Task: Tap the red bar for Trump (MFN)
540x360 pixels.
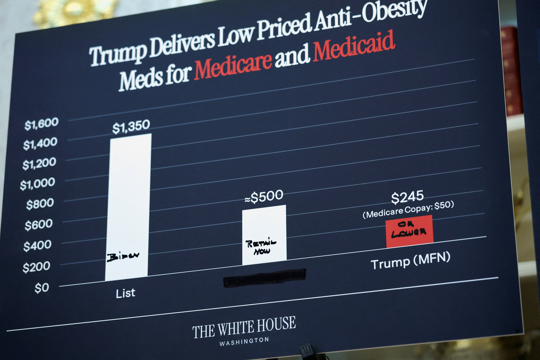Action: (409, 231)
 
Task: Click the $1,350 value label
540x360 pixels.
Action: (131, 126)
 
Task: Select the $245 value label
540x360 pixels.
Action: (407, 197)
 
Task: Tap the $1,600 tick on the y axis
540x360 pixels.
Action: (41, 124)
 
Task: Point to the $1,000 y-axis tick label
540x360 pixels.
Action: (38, 184)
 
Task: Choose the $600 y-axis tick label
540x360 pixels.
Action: (39, 225)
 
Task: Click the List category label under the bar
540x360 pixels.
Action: (126, 293)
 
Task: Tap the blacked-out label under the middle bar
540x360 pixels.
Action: (264, 277)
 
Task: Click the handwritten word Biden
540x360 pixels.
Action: (122, 257)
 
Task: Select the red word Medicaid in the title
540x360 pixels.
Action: (354, 46)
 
